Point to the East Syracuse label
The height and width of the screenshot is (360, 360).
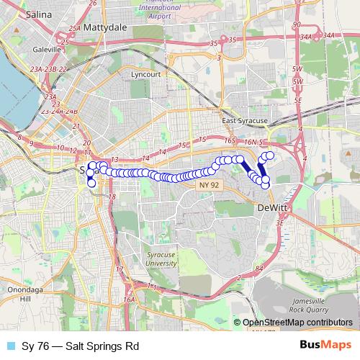click(245, 121)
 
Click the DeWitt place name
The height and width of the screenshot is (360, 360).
click(271, 208)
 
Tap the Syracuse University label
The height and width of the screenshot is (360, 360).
click(161, 259)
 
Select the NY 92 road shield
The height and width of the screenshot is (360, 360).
click(207, 185)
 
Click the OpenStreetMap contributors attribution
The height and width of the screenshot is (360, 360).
click(297, 323)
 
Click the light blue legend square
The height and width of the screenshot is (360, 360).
click(10, 345)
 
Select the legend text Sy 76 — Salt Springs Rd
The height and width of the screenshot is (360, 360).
click(79, 345)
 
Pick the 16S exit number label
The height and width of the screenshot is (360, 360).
click(230, 140)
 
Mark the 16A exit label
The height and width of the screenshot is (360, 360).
click(129, 300)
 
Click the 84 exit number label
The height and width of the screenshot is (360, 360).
click(258, 269)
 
